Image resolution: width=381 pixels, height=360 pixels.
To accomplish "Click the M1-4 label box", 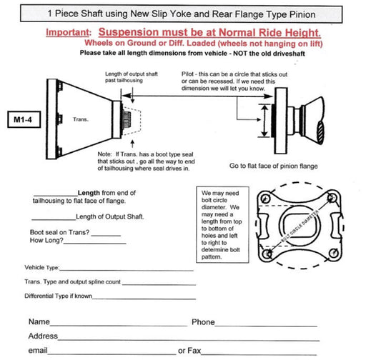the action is pos(24,119).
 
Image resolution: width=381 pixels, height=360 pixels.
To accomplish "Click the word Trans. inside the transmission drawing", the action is pos(81,119).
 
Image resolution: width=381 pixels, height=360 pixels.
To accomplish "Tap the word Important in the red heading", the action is pos(67,33).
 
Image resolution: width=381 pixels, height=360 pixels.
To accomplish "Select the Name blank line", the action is pos(119,326).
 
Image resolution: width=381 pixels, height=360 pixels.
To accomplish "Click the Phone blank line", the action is pos(266,326).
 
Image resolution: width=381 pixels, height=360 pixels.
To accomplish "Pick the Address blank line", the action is pos(189,340).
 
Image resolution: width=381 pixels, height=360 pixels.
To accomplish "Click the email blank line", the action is pos(112,354).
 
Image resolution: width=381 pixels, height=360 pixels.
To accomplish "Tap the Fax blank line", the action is pos(259,354).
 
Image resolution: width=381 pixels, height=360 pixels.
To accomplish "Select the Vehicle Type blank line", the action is pos(127,270).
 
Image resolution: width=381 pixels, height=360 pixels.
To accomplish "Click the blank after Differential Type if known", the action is pos(144,299).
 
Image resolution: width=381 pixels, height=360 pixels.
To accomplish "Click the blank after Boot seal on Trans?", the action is pos(106,236).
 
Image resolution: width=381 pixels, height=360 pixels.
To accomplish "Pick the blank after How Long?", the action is pos(95,244).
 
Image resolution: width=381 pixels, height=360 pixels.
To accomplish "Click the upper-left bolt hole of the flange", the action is pos(265,199).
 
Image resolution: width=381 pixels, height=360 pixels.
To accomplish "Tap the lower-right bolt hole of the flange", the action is pos(333,253).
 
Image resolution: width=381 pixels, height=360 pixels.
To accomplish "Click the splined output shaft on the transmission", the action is pos(127,119).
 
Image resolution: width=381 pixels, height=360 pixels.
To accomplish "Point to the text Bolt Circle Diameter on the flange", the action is pos(300,226).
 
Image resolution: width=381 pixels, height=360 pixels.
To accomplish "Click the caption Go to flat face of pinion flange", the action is pos(274,166).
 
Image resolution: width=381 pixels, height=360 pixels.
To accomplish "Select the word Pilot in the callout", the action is pos(187,74).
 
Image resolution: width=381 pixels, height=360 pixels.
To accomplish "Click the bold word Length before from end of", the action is pos(89,193).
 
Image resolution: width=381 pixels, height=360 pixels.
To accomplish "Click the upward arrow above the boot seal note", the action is pos(132,144).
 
